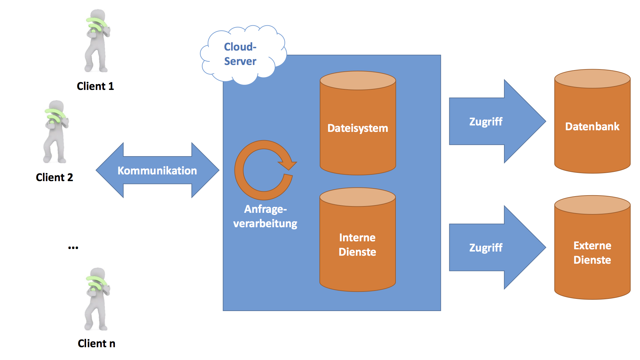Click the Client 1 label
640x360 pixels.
click(95, 86)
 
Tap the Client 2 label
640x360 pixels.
click(54, 177)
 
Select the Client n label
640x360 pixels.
click(96, 343)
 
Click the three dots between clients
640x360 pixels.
click(73, 248)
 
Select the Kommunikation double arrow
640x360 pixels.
click(157, 170)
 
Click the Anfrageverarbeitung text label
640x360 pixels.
click(265, 216)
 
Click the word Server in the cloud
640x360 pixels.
click(240, 61)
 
